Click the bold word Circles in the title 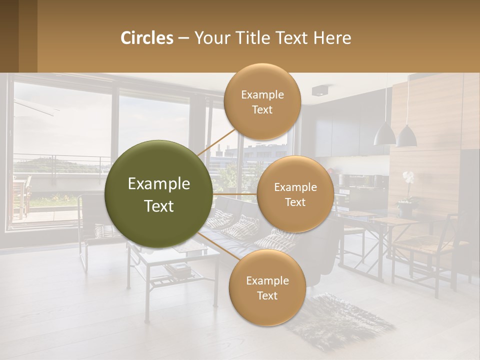147,38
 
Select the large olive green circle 159,194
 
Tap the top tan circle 262,101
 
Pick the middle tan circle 295,194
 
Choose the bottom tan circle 267,287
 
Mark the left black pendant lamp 384,134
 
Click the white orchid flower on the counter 408,177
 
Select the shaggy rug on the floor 340,320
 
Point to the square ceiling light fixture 318,90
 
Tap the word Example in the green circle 159,184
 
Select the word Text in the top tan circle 262,110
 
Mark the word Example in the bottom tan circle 267,280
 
